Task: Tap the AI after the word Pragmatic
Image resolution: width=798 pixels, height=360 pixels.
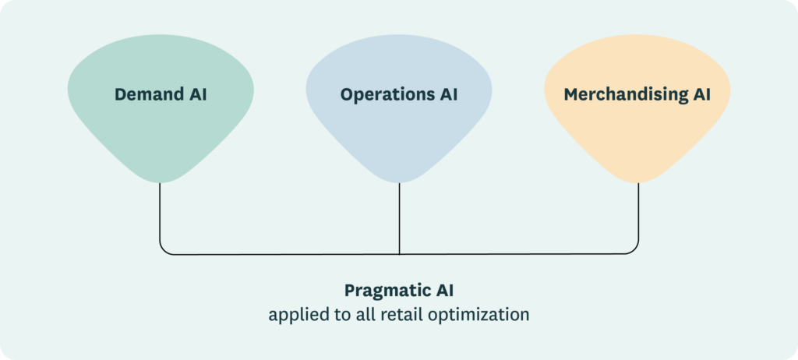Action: pos(442,291)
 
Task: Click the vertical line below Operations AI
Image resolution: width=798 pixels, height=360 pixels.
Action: pos(399,218)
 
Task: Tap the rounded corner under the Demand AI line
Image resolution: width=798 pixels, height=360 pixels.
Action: pos(164,250)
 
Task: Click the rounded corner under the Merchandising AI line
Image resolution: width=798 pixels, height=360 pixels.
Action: pos(634,250)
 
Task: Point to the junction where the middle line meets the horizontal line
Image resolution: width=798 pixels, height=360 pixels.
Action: pos(399,254)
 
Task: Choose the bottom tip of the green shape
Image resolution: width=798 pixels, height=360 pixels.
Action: pos(160,182)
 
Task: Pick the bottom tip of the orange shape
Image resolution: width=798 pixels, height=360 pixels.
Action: pos(638,182)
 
